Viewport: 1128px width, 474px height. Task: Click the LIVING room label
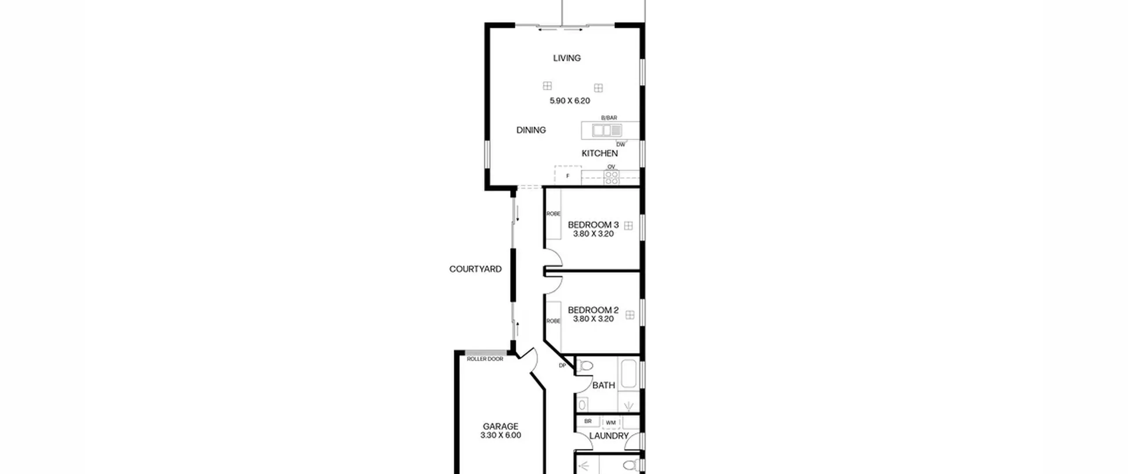click(567, 58)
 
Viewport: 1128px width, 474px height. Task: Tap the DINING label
click(531, 130)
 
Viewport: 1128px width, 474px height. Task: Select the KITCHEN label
click(599, 153)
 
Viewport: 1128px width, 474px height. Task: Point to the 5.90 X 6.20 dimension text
click(570, 101)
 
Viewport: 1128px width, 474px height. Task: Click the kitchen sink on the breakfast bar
click(607, 131)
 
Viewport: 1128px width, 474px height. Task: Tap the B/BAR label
click(609, 118)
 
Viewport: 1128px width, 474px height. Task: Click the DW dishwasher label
click(620, 145)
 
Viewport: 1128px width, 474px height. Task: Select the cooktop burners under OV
click(611, 177)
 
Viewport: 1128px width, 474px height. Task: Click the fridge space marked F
click(568, 176)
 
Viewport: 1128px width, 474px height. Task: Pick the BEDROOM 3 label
click(593, 225)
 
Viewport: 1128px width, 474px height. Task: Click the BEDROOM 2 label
click(593, 310)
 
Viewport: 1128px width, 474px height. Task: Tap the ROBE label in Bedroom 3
click(553, 214)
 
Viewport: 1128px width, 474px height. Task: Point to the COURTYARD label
click(475, 269)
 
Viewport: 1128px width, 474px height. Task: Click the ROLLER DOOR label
click(485, 359)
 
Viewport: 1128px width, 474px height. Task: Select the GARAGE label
click(501, 427)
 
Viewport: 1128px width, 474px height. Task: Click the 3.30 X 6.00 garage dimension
click(501, 436)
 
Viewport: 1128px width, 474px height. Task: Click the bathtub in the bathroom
click(628, 374)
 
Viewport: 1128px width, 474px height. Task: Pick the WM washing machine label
click(610, 423)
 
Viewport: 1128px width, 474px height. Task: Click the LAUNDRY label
click(609, 436)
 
